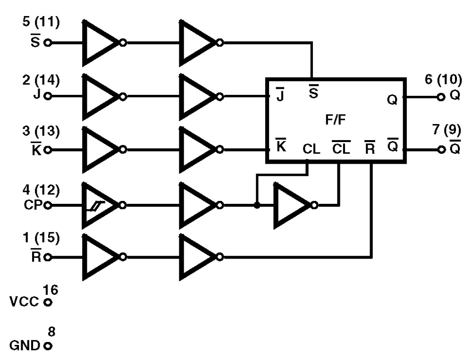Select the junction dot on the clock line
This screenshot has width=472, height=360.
pyautogui.click(x=256, y=206)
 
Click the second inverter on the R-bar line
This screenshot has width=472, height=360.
pyautogui.click(x=197, y=258)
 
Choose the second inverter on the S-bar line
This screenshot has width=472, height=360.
pyautogui.click(x=197, y=43)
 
